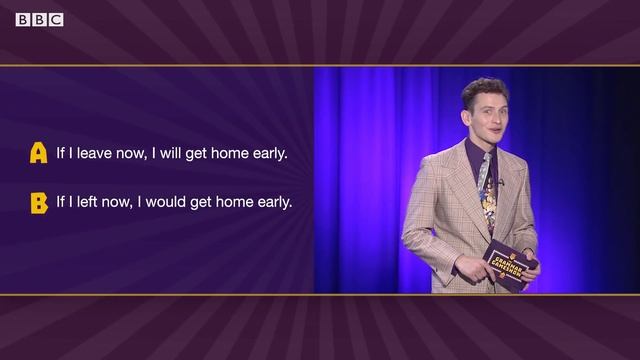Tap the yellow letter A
click(x=39, y=153)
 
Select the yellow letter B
click(x=39, y=203)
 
